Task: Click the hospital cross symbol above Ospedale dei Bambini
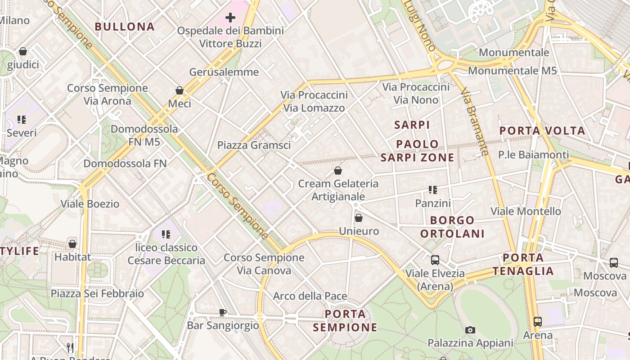(x=230, y=18)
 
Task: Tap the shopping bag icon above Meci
(x=180, y=90)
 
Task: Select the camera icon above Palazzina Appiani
(x=470, y=330)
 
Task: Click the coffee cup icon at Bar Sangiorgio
(x=222, y=312)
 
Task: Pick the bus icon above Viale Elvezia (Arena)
(x=435, y=260)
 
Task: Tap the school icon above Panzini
(x=432, y=190)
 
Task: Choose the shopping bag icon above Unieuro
(x=359, y=218)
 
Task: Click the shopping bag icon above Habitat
(x=72, y=244)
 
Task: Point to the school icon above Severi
(x=21, y=120)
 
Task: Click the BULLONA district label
(x=125, y=27)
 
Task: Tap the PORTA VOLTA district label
(x=542, y=131)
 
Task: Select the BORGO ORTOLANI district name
(x=452, y=227)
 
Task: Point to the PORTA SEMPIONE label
(x=345, y=320)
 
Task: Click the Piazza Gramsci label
(x=254, y=145)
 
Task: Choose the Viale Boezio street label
(x=90, y=204)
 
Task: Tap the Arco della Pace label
(x=310, y=296)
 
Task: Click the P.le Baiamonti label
(x=533, y=155)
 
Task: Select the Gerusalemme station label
(x=224, y=72)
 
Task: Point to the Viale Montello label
(x=526, y=211)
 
